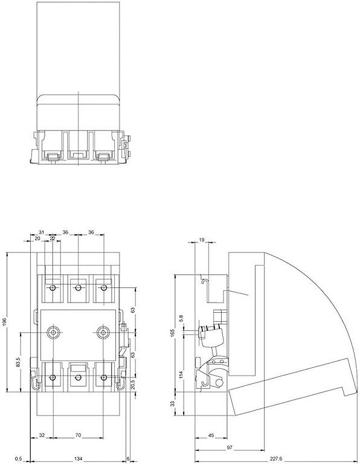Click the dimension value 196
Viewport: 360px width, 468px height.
[x=5, y=324]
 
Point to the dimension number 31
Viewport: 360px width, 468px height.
[x=41, y=232]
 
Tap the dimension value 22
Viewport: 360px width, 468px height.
[x=53, y=239]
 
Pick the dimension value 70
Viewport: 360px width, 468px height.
[x=79, y=435]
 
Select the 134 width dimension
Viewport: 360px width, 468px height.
[x=79, y=459]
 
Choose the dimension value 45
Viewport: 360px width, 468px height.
[x=211, y=435]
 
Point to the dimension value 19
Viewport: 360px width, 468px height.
[x=202, y=240]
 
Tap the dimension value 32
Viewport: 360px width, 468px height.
[x=41, y=435]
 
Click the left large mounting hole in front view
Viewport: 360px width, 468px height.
[x=53, y=332]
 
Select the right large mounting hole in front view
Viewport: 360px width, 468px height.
[x=104, y=332]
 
